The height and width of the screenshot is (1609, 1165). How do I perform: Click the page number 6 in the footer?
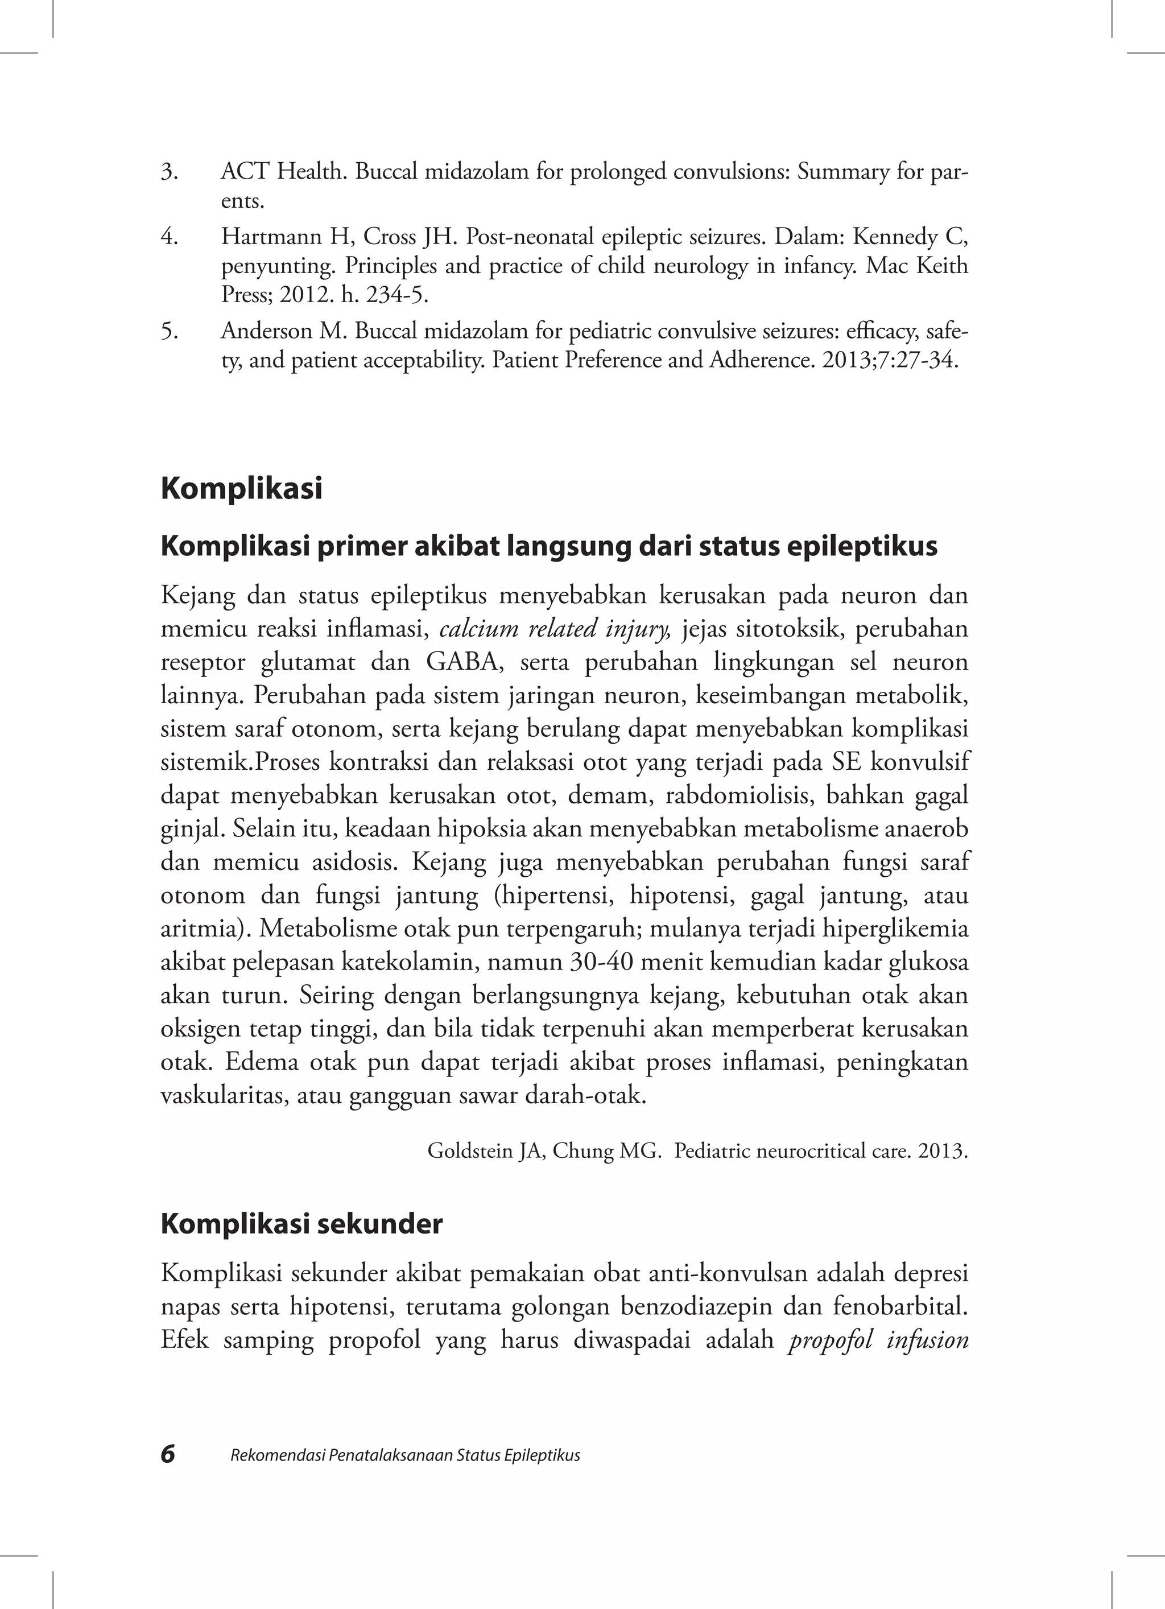(168, 1454)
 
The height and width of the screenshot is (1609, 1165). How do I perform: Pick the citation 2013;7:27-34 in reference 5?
(890, 360)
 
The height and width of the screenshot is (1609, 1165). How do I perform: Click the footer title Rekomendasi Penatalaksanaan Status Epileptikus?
(405, 1456)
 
